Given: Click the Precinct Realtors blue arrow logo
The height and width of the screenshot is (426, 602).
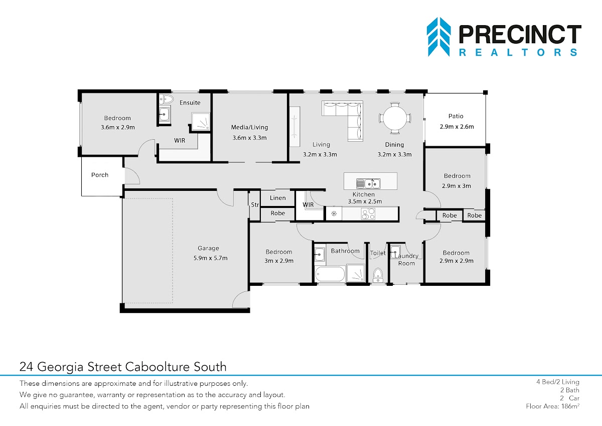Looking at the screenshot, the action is [x=438, y=37].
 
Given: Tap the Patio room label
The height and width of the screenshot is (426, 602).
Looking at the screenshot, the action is [x=456, y=116].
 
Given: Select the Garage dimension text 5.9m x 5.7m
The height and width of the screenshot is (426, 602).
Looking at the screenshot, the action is [x=210, y=258].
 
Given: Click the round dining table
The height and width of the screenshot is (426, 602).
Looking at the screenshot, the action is [x=395, y=118].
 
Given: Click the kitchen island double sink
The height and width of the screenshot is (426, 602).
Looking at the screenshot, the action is [x=368, y=183].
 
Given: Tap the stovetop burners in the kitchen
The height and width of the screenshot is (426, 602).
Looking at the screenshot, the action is [x=368, y=214].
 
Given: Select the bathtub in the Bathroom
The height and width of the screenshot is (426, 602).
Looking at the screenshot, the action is [x=330, y=274].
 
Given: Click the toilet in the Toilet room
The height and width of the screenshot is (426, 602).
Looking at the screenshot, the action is [x=378, y=275].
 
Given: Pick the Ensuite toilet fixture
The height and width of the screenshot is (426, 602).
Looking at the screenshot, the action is [x=167, y=99].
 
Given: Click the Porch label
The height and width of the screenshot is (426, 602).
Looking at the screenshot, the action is [x=100, y=175].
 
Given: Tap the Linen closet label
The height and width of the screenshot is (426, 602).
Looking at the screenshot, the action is [x=277, y=198].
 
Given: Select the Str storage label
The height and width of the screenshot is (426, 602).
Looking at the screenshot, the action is [x=255, y=205].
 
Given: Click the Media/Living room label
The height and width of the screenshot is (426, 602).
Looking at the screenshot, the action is [x=249, y=127].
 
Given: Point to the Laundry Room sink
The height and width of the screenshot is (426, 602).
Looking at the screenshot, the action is [x=395, y=252].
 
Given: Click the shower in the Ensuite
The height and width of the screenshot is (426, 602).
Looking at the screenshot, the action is [x=201, y=122].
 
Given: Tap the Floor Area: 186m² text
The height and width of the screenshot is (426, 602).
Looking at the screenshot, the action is [x=552, y=406].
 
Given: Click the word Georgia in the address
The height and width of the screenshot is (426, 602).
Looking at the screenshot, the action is [x=60, y=367].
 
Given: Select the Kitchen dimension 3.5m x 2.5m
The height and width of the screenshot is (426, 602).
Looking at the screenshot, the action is [x=365, y=201].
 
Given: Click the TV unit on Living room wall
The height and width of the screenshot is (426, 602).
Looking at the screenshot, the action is [x=294, y=127].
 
